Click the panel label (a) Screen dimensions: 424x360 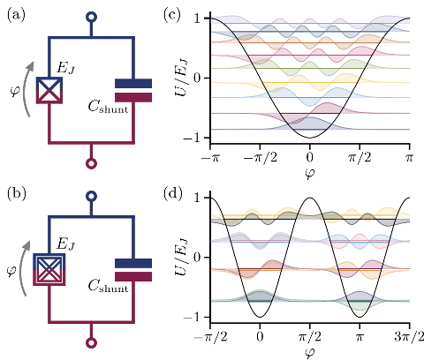click(16, 15)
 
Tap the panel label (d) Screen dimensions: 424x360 click(173, 194)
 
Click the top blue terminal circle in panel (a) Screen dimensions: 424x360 click(92, 17)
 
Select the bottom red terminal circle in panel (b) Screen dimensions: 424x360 click(92, 343)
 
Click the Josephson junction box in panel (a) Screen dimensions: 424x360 click(49, 90)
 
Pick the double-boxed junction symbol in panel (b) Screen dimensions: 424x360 click(49, 269)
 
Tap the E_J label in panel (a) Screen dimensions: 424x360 click(66, 68)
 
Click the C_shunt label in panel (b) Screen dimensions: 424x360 click(108, 286)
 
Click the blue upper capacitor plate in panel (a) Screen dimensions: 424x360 click(133, 83)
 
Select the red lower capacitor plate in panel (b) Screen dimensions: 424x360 click(133, 276)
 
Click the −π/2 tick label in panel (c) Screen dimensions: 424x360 click(261, 158)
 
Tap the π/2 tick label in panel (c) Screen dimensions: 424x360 click(360, 158)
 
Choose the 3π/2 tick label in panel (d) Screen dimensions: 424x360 click(410, 337)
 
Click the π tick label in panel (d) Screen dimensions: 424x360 click(360, 337)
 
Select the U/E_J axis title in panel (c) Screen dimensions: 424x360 click(182, 78)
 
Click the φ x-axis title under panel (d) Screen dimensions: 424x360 click(310, 353)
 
